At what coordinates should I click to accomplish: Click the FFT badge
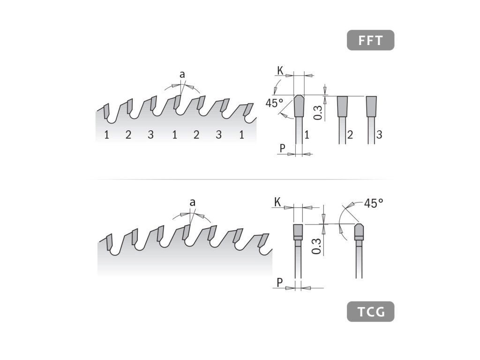pyautogui.click(x=370, y=40)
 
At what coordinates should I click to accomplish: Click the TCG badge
pyautogui.click(x=370, y=312)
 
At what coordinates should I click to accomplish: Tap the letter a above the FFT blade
pyautogui.click(x=182, y=75)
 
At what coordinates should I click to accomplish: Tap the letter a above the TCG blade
pyautogui.click(x=192, y=202)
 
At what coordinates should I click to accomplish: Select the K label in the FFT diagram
pyautogui.click(x=280, y=71)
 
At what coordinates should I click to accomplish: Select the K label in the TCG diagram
pyautogui.click(x=277, y=202)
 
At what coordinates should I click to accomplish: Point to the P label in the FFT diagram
pyautogui.click(x=282, y=149)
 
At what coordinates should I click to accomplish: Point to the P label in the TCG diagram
pyautogui.click(x=279, y=283)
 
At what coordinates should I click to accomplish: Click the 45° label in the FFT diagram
pyautogui.click(x=275, y=103)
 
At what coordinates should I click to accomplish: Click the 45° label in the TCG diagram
pyautogui.click(x=374, y=203)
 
